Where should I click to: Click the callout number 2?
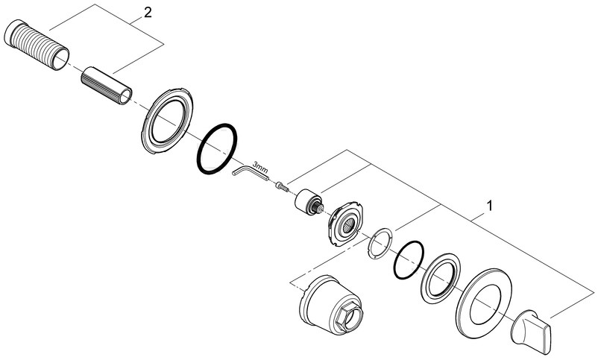148,13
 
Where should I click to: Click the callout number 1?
490,206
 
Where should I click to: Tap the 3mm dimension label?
260,167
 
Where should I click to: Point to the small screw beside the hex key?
281,186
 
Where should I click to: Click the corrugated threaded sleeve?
37,45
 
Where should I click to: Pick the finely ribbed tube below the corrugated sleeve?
107,86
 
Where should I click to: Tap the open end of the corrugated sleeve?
60,58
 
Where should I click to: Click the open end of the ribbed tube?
125,95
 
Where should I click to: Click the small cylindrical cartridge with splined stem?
309,201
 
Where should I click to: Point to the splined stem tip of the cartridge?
320,208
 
